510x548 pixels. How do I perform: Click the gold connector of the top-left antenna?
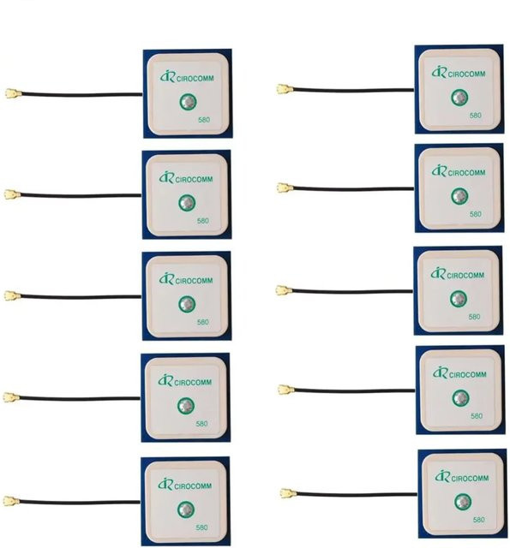pos(14,93)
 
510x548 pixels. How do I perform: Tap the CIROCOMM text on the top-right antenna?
pos(466,74)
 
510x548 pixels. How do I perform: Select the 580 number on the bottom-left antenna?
pos(201,527)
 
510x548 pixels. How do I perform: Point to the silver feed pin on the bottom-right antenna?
pos(462,502)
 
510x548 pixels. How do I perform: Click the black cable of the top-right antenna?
pos(353,90)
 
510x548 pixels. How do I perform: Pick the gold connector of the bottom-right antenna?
pos(288,493)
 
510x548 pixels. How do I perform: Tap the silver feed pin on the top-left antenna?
pos(189,102)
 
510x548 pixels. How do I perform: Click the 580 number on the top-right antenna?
pos(476,116)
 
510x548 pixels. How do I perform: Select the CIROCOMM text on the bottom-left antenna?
pos(193,486)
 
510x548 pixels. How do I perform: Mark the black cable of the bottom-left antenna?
pos(80,503)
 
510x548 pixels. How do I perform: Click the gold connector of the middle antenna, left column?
pos(13,295)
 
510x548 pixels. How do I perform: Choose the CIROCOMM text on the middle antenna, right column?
pos(465,276)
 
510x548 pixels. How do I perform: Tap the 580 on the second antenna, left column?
pos(203,221)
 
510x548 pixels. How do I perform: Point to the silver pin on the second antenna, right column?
pos(459,196)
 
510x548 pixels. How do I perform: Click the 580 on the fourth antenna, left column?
pos(201,424)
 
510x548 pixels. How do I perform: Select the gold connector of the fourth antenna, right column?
pos(287,390)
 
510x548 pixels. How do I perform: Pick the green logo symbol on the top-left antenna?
pos(167,76)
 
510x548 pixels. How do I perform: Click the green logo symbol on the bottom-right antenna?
pos(442,476)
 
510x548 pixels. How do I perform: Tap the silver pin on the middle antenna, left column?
pos(187,304)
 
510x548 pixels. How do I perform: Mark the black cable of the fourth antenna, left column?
pos(80,398)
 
